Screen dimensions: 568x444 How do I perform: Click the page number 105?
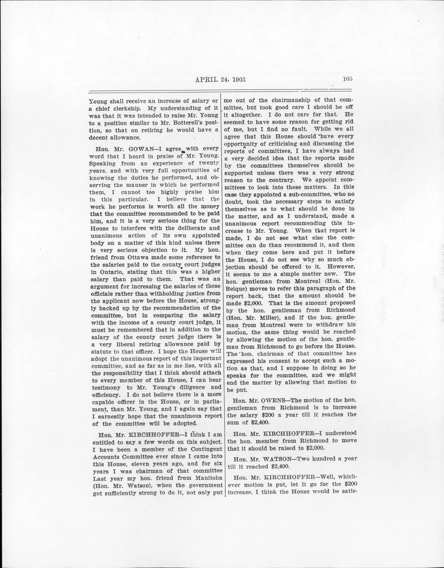pyautogui.click(x=347, y=79)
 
